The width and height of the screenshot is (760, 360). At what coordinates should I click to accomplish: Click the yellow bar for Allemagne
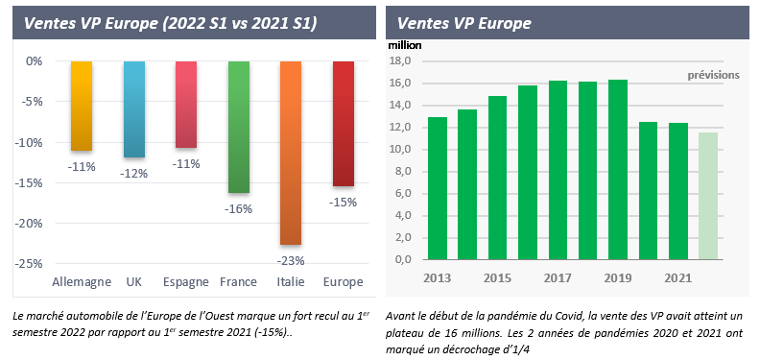click(x=82, y=106)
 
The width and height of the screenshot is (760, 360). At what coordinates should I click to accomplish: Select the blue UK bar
click(x=134, y=108)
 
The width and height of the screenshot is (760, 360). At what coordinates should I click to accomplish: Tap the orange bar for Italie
click(x=290, y=153)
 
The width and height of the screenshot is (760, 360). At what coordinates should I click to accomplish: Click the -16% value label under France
click(x=237, y=207)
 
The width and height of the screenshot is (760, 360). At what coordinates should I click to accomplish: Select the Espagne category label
click(x=185, y=282)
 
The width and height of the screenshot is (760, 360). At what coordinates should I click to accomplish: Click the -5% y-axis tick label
click(x=31, y=102)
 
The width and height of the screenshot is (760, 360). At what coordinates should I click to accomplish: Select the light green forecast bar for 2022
click(x=707, y=196)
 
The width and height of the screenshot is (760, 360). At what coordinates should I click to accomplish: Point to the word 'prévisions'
click(x=713, y=75)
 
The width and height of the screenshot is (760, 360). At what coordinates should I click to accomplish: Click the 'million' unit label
click(x=404, y=44)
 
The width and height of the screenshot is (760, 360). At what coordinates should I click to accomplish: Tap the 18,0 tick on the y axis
click(x=398, y=61)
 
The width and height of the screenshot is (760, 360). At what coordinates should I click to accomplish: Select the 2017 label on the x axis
click(x=558, y=276)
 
